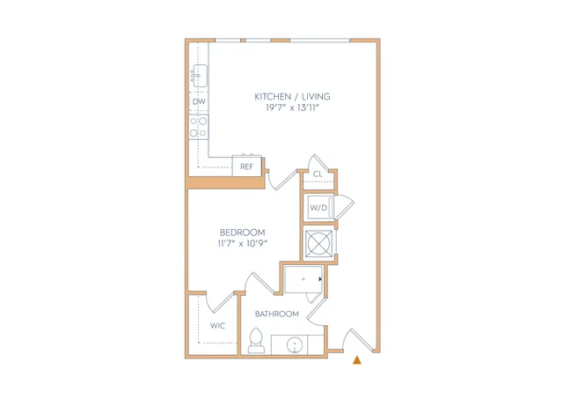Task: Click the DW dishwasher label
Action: pos(199,101)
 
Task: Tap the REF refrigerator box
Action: pos(246,166)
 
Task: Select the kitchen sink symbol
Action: pos(199,76)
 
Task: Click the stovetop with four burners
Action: pos(199,127)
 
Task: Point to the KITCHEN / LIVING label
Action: pos(292,96)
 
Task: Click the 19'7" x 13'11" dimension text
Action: pos(292,107)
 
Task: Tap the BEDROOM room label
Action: pos(243,233)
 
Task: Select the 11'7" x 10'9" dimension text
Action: pos(243,243)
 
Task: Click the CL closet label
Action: pos(318,174)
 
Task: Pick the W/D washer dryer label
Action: pos(318,207)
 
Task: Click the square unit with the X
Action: pos(318,243)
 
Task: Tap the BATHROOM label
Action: pos(277,314)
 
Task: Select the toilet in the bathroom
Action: pos(256,340)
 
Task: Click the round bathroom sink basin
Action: pos(295,345)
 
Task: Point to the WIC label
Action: pos(217,326)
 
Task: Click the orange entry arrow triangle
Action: pos(357,360)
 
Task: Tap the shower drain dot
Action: pos(303,279)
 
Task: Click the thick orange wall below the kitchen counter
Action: pos(226,182)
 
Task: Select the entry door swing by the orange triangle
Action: pos(358,339)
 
